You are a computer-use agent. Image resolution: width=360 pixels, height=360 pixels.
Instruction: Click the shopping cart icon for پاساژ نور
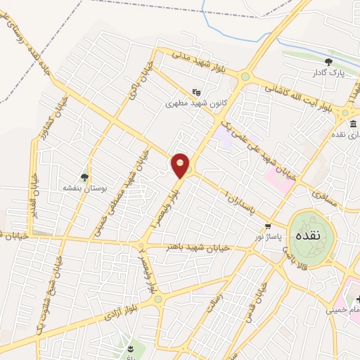(268, 226)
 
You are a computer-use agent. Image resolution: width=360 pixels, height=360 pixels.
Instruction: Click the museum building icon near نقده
(352, 124)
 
